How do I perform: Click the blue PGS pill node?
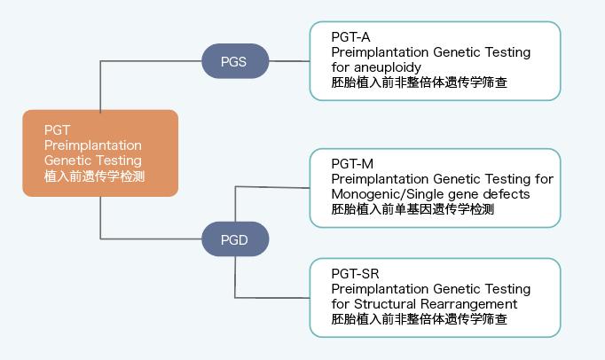(235, 61)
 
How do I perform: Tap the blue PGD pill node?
(235, 239)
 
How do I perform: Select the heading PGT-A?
(350, 37)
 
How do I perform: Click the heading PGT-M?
(352, 164)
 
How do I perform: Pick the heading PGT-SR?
(355, 274)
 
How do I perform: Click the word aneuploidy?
(388, 68)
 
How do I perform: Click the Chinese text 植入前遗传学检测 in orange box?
(95, 176)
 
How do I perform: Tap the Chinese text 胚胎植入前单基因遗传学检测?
(412, 209)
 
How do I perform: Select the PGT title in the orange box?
(57, 130)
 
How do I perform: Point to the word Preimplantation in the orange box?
(93, 145)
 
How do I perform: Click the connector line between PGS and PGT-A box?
(289, 61)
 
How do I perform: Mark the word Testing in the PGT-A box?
(507, 52)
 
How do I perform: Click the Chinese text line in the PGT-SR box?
(419, 319)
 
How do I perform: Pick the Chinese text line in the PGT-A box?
(419, 82)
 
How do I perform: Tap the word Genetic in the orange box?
(67, 160)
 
